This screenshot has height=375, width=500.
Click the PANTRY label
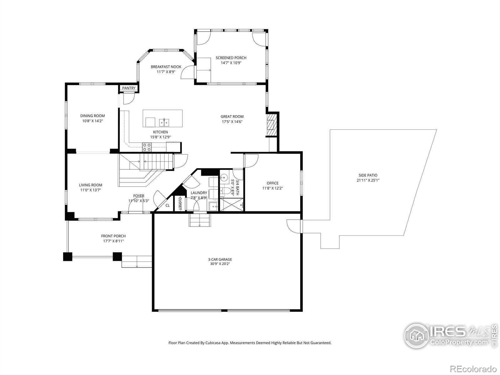pyautogui.click(x=129, y=88)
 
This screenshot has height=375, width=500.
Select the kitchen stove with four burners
pyautogui.click(x=147, y=147)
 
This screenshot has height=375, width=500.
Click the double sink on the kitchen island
pyautogui.click(x=164, y=122)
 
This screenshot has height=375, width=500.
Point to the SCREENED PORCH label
pyautogui.click(x=231, y=58)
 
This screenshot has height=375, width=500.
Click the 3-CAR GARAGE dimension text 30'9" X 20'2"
pyautogui.click(x=220, y=264)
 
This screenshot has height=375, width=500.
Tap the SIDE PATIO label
pyautogui.click(x=368, y=175)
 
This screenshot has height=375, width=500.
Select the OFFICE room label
pyautogui.click(x=272, y=183)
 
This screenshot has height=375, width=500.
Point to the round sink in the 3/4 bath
pyautogui.click(x=225, y=177)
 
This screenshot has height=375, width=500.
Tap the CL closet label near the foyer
pyautogui.click(x=167, y=206)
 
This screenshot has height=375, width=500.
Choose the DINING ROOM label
pyautogui.click(x=92, y=116)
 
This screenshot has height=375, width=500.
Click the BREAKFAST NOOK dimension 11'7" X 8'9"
pyautogui.click(x=166, y=72)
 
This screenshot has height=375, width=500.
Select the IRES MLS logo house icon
pyautogui.click(x=417, y=336)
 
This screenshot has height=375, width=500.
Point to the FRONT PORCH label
pyautogui.click(x=113, y=236)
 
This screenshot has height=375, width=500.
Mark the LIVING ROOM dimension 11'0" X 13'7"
pyautogui.click(x=90, y=190)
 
